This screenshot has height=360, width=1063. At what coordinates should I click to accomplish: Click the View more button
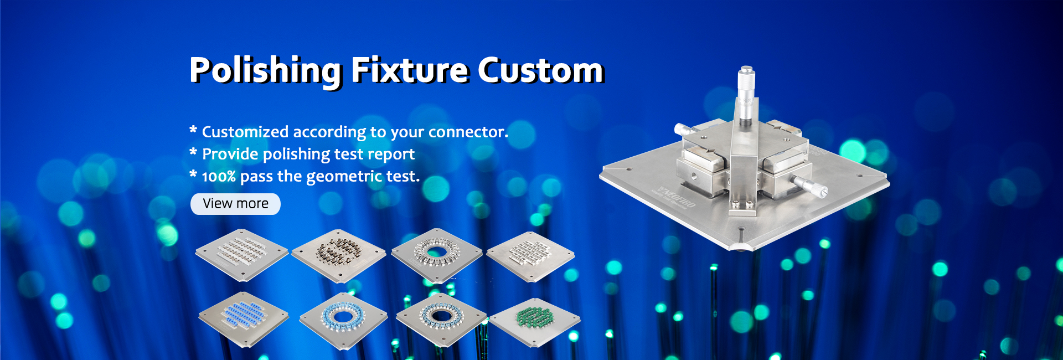pos(235,204)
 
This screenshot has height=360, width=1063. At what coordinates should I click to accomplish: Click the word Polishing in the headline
pos(265,71)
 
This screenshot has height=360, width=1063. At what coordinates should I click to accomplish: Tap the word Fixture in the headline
pos(410,70)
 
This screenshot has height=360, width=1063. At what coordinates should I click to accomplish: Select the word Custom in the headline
pos(541,70)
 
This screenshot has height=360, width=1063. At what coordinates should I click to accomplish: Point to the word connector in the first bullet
pos(468,132)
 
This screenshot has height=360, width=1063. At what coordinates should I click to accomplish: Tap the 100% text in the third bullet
pos(219,177)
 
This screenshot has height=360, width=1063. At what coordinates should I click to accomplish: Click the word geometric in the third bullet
pos(344,177)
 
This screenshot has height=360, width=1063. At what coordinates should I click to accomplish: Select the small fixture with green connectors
pos(534,320)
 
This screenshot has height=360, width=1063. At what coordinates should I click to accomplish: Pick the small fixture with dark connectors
pos(339,255)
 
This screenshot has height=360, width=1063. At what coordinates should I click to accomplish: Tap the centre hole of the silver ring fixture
pos(437,253)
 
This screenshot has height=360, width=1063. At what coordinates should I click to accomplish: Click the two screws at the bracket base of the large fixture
pos(742,205)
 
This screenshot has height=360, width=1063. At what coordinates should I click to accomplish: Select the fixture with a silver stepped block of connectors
pos(530,256)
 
